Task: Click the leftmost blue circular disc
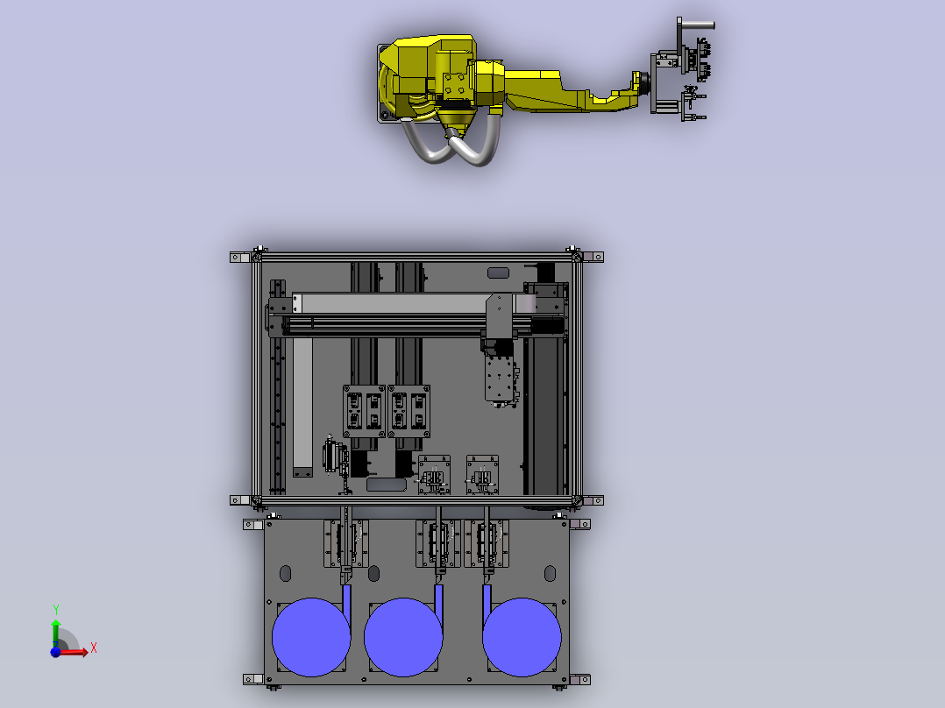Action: click(311, 637)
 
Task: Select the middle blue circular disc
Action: click(403, 637)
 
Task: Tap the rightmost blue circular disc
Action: click(522, 637)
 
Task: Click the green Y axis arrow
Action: click(56, 634)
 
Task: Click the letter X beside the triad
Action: click(94, 648)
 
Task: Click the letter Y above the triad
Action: click(56, 610)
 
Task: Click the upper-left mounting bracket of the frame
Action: click(240, 258)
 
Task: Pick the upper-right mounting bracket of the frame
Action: click(593, 258)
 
